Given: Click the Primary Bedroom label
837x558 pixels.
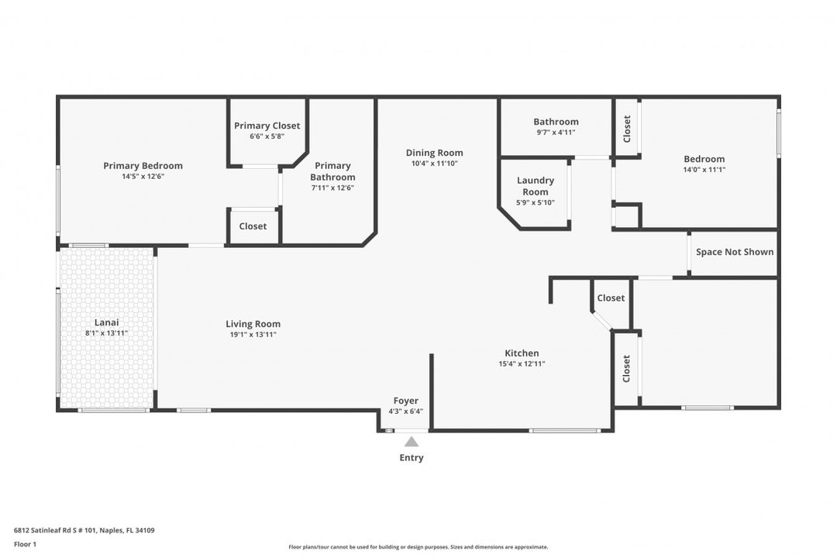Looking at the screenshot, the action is [x=143, y=166].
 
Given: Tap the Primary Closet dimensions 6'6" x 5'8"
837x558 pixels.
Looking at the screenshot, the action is [x=267, y=136].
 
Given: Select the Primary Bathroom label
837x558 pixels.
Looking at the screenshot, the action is [x=332, y=171].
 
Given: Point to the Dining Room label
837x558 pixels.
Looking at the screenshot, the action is [x=435, y=153].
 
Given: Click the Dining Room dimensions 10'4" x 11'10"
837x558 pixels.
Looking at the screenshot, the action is [x=435, y=164].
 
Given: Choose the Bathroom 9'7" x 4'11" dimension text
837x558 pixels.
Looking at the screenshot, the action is [x=556, y=133].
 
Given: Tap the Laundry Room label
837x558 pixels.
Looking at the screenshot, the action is [x=536, y=186].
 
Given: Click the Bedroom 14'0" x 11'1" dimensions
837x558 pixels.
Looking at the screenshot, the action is [x=704, y=170].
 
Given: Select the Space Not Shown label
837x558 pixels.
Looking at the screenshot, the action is [x=735, y=252].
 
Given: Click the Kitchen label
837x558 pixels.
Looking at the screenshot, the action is [x=522, y=353].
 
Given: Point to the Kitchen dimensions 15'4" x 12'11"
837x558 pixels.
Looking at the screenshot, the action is [x=522, y=363].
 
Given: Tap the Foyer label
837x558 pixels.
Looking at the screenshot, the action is [x=405, y=401].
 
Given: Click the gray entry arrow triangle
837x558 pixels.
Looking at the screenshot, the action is [x=412, y=442].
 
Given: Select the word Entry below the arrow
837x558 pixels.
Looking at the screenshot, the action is [x=412, y=457].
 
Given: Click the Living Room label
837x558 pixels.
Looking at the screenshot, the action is [x=253, y=324].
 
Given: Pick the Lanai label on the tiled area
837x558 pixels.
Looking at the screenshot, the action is [x=107, y=322].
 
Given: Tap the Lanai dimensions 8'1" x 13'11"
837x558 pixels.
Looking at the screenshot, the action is [x=107, y=333].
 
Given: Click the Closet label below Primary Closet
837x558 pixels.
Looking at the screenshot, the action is [x=253, y=226].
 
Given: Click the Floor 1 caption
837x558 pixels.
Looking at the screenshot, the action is [x=25, y=544].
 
